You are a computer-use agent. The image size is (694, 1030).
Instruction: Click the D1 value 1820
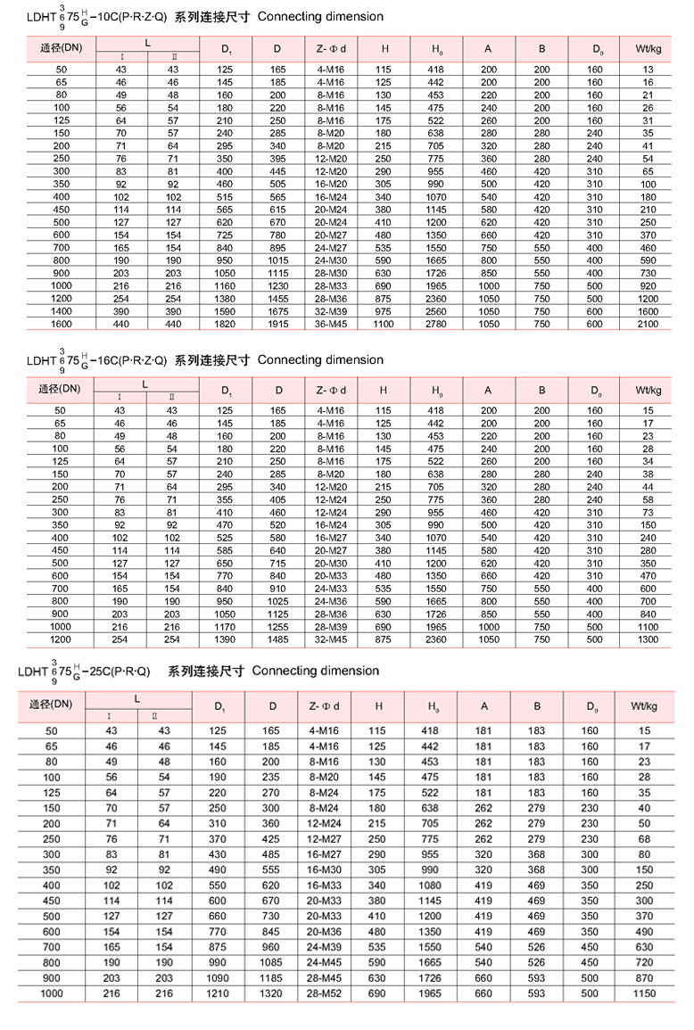click(x=226, y=324)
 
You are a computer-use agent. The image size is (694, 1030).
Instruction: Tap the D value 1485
click(x=278, y=639)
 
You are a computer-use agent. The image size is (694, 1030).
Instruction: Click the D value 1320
click(x=273, y=993)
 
